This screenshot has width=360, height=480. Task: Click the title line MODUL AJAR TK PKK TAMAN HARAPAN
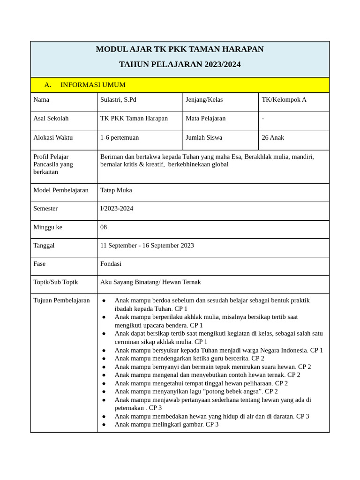[x=180, y=49]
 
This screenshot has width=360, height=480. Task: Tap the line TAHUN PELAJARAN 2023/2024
[x=180, y=64]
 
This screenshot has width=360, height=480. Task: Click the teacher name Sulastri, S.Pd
[x=118, y=99]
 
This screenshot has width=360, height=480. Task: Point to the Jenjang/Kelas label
[x=204, y=99]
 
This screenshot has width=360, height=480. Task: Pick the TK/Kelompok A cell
[x=284, y=99]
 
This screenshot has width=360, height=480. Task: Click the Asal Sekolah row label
[x=51, y=118]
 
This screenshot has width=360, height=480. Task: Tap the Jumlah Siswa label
[x=204, y=137]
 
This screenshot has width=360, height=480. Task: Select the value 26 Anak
[x=273, y=137]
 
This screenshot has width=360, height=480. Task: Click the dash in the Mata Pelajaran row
[x=263, y=118]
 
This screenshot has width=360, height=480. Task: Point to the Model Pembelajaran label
[x=61, y=190]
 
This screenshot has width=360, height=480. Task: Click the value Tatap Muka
[x=116, y=190]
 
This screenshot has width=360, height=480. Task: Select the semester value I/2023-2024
[x=117, y=208]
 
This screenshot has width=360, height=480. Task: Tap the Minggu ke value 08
[x=104, y=227]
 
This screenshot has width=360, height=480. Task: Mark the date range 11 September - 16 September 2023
[x=147, y=245]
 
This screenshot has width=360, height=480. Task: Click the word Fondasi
[x=111, y=263]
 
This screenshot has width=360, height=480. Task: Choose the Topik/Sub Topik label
[x=56, y=282]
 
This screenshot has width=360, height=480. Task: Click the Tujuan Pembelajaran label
[x=61, y=300]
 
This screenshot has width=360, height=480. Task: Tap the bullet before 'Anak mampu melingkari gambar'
[x=104, y=424]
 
